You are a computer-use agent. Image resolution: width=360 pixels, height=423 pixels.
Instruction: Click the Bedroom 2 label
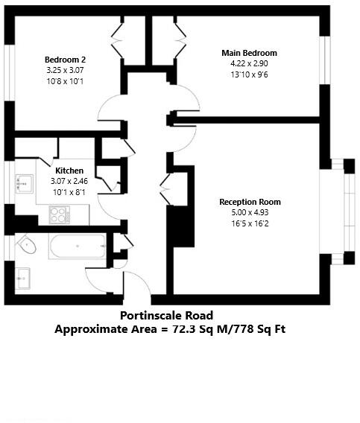(65, 60)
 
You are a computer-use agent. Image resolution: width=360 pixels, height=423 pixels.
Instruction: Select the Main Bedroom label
(249, 53)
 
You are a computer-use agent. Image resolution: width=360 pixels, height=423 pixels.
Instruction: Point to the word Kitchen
(69, 171)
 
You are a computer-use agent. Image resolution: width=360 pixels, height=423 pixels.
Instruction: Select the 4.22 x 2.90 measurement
(249, 63)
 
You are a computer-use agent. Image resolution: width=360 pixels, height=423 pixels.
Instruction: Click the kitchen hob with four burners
(59, 214)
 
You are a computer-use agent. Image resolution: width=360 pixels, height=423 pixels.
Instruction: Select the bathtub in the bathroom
(78, 246)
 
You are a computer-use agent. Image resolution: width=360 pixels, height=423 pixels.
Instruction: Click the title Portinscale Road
(171, 316)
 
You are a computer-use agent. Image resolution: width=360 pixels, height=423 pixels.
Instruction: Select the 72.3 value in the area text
(186, 328)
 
